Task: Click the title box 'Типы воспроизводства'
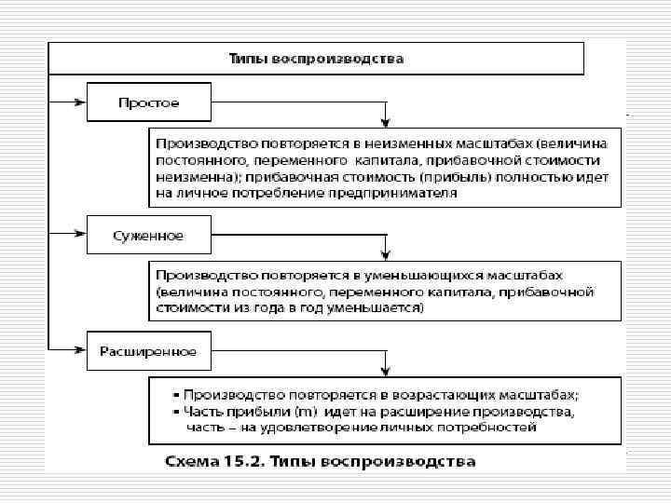tap(316, 58)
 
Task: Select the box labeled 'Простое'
tap(149, 101)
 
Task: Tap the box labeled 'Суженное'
tap(149, 235)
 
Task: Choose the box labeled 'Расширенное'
tap(149, 351)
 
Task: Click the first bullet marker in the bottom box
tap(175, 395)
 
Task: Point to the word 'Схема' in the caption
tap(187, 461)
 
